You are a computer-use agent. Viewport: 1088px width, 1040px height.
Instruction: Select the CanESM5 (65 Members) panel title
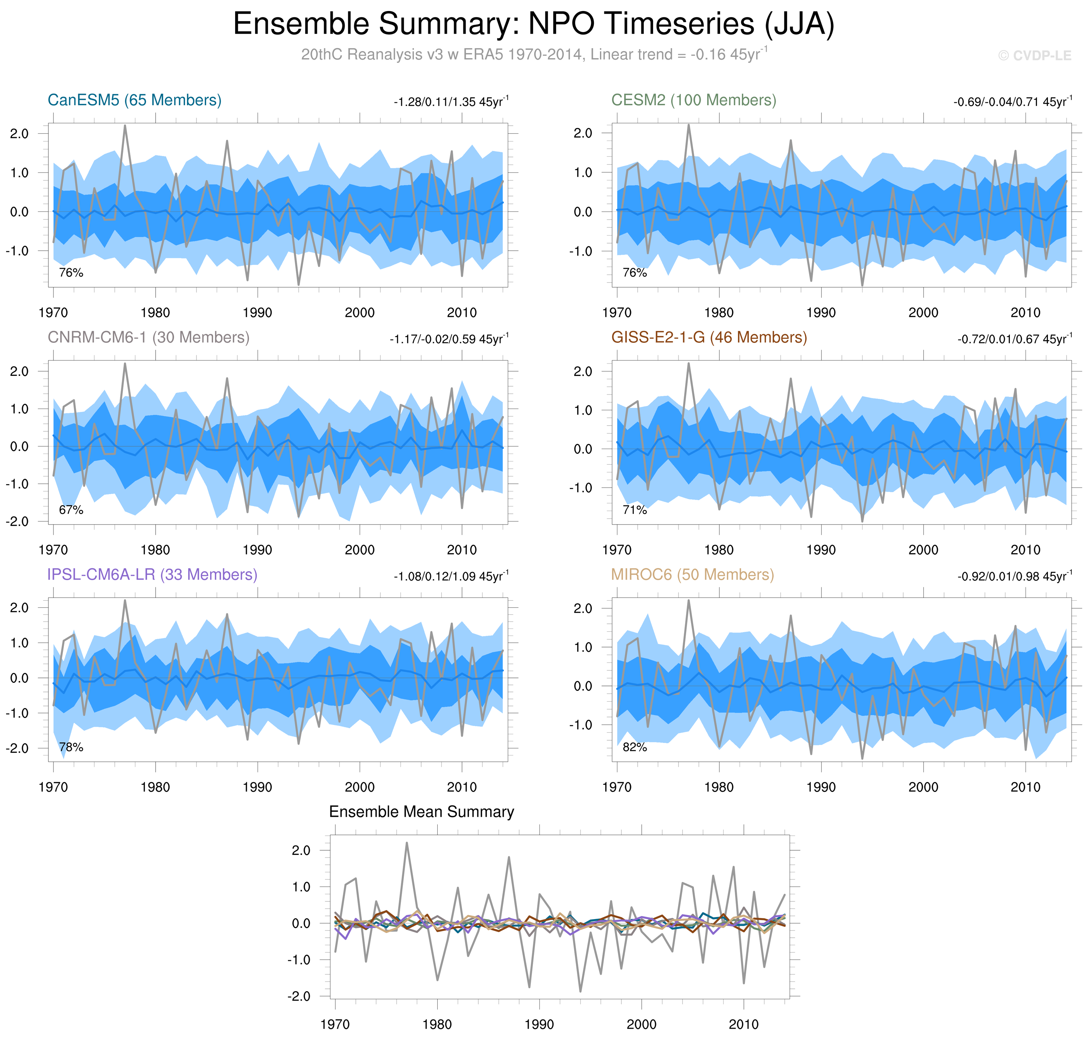click(134, 100)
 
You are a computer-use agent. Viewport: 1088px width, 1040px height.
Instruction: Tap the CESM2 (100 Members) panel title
click(693, 100)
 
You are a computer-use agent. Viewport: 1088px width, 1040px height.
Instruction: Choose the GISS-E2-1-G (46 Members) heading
click(709, 338)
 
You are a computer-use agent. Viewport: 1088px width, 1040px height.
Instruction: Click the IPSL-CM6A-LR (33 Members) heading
click(152, 575)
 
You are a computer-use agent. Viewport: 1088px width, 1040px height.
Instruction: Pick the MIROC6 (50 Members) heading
click(692, 575)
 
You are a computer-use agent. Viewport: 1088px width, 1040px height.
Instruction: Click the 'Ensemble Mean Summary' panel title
click(421, 812)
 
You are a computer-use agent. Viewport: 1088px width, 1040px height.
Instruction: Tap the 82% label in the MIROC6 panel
click(635, 747)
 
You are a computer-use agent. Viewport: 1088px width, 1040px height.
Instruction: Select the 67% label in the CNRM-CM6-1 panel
click(71, 510)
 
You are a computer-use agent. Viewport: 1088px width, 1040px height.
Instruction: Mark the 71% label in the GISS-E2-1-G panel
click(635, 510)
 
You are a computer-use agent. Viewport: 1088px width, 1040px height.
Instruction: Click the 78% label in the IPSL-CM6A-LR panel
click(71, 747)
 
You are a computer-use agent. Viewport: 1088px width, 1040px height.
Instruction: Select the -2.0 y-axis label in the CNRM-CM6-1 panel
click(17, 522)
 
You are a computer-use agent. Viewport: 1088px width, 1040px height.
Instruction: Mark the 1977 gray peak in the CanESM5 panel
click(125, 126)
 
